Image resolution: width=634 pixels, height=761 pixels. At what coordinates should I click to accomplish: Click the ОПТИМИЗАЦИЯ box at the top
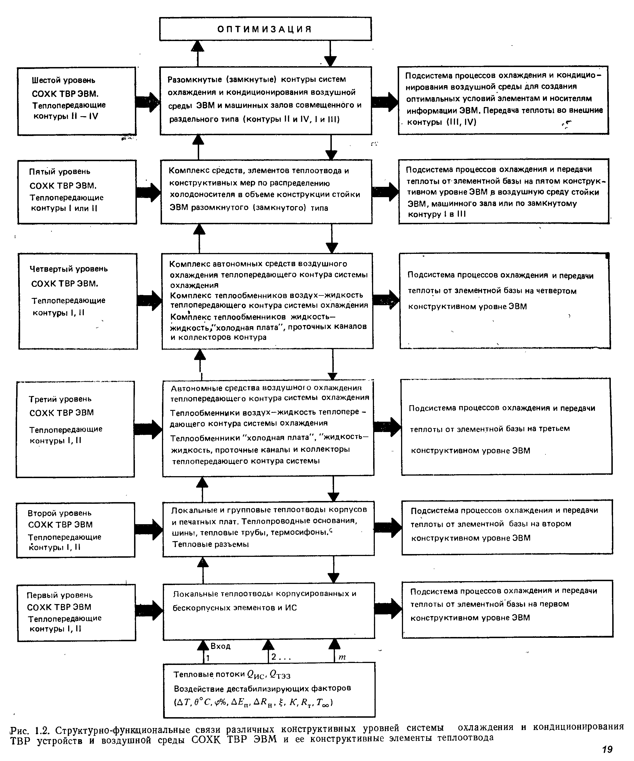tap(265, 29)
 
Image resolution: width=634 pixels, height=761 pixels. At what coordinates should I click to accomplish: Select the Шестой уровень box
tap(77, 101)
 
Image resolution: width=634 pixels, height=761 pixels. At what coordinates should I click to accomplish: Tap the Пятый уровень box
tap(77, 192)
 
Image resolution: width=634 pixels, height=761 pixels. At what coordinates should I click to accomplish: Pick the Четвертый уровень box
tap(78, 301)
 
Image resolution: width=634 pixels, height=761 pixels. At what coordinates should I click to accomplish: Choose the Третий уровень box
tap(75, 429)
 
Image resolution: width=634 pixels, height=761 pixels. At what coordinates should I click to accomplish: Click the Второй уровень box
tap(75, 530)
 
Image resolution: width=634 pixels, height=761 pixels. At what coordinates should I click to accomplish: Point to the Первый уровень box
tap(77, 613)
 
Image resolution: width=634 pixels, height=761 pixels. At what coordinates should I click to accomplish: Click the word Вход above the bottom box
tap(220, 646)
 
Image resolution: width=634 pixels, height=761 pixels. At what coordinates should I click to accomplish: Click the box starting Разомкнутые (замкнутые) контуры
tap(266, 100)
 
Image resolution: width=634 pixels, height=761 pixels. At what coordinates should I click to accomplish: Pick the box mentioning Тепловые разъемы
tap(268, 528)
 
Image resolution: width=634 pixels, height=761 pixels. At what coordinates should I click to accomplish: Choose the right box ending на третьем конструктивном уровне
tap(506, 426)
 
